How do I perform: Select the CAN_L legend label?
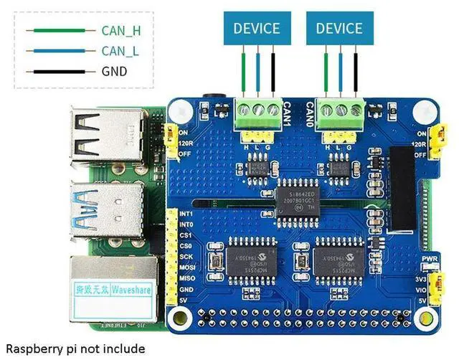click(118, 50)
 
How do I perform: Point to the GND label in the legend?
click(115, 71)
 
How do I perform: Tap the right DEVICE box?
click(339, 29)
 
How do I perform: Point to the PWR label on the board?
click(430, 259)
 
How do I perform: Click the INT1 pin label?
click(186, 214)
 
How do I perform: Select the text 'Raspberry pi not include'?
click(75, 349)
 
